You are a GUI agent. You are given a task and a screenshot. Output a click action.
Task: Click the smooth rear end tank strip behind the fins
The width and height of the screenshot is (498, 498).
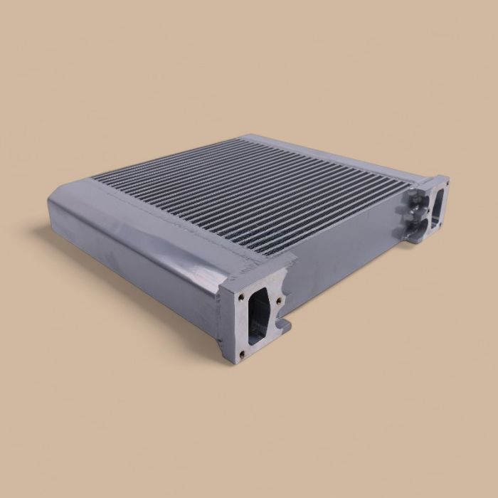tap(320, 149)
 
